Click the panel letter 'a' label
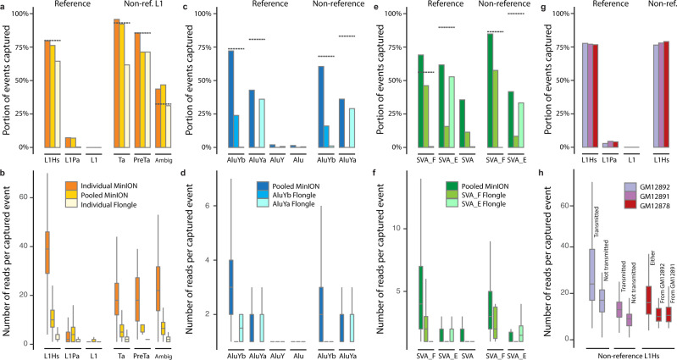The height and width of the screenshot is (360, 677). click(x=4, y=6)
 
